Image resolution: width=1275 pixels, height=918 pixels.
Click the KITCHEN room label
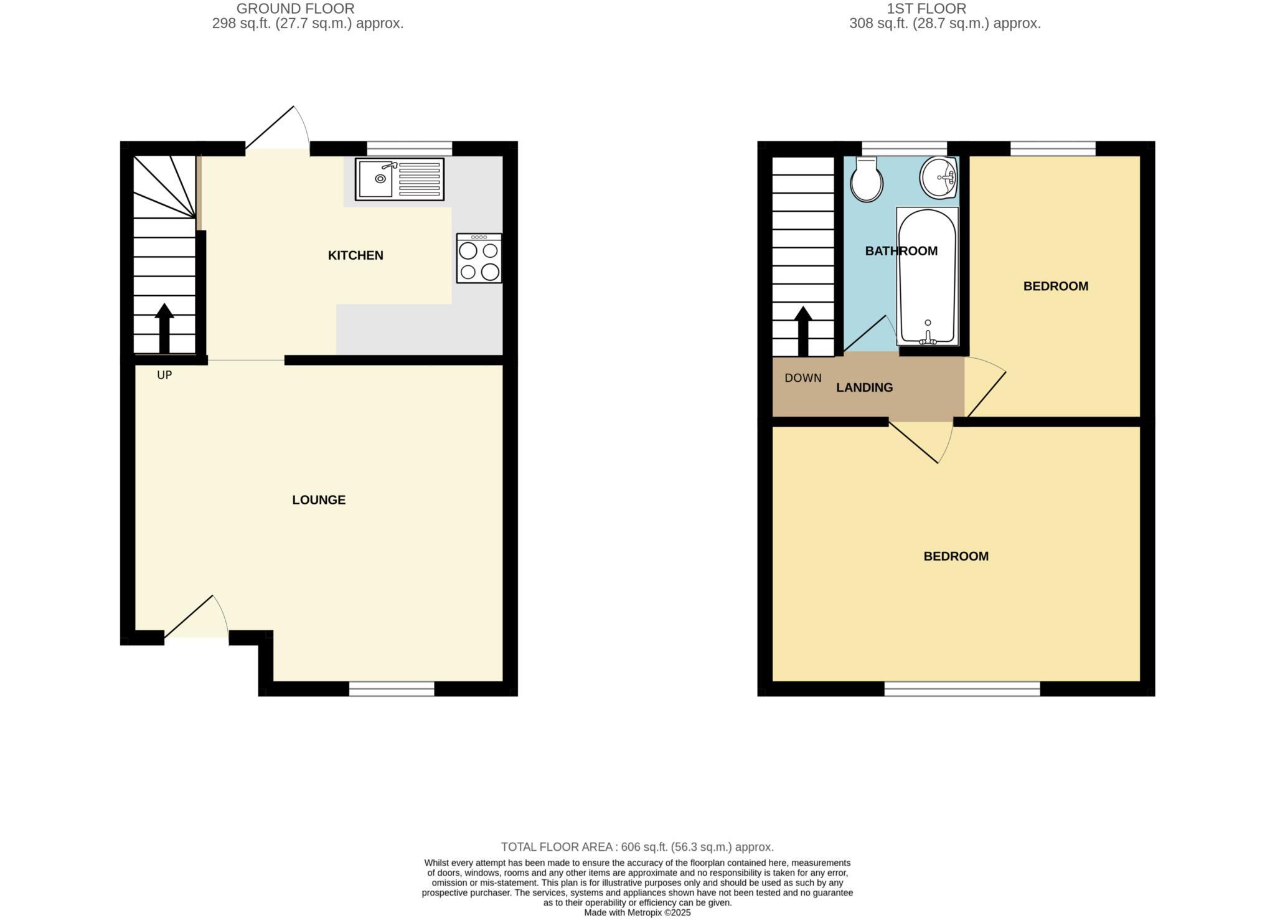coord(355,255)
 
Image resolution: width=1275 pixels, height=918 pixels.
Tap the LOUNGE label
coord(319,500)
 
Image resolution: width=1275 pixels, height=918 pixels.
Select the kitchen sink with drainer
coord(400,179)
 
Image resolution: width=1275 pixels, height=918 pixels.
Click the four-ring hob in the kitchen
coord(479,259)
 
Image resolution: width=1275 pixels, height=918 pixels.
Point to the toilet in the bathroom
coord(867,181)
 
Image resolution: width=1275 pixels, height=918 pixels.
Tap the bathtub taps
coord(928,338)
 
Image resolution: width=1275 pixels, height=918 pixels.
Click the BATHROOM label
coord(901,251)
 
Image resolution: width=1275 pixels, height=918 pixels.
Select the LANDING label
coord(864,387)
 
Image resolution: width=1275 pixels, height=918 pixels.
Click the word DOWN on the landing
coord(802,378)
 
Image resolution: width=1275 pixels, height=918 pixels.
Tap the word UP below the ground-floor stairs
coord(164,375)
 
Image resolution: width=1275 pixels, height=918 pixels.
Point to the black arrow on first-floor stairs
coord(803,330)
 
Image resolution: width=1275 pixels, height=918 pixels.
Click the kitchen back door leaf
coord(270,128)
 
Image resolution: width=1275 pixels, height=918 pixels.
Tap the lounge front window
coord(392,688)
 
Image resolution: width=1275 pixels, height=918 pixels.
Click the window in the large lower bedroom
coord(962,688)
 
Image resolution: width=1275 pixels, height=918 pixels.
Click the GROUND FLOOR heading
coord(295,9)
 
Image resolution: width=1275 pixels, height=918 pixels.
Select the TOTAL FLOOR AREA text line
coord(637,847)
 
